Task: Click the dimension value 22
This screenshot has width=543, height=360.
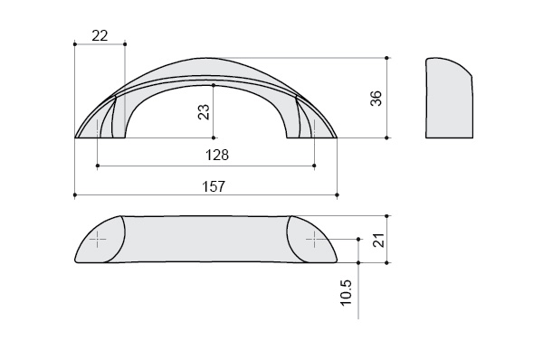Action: click(x=100, y=35)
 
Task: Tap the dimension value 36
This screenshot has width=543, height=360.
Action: click(x=376, y=99)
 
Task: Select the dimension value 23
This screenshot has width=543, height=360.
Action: click(x=204, y=112)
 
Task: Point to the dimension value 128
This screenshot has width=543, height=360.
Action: click(x=217, y=155)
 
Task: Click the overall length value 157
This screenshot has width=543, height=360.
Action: click(x=214, y=186)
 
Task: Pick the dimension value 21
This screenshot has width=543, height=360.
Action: click(x=380, y=240)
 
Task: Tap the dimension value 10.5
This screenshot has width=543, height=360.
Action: click(x=346, y=292)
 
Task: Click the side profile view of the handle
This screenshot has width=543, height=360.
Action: click(x=449, y=98)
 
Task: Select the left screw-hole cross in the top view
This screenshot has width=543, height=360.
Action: click(x=98, y=239)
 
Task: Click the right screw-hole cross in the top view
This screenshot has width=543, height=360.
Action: click(x=314, y=239)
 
